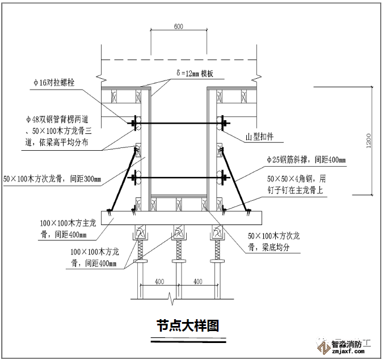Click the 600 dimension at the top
(x=178, y=27)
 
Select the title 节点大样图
(x=188, y=326)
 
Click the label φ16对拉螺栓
(x=54, y=83)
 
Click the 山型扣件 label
(x=260, y=137)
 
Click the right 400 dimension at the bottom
(x=198, y=281)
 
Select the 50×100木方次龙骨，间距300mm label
(x=52, y=180)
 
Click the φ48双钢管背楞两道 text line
(x=59, y=120)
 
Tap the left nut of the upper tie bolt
(x=134, y=122)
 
